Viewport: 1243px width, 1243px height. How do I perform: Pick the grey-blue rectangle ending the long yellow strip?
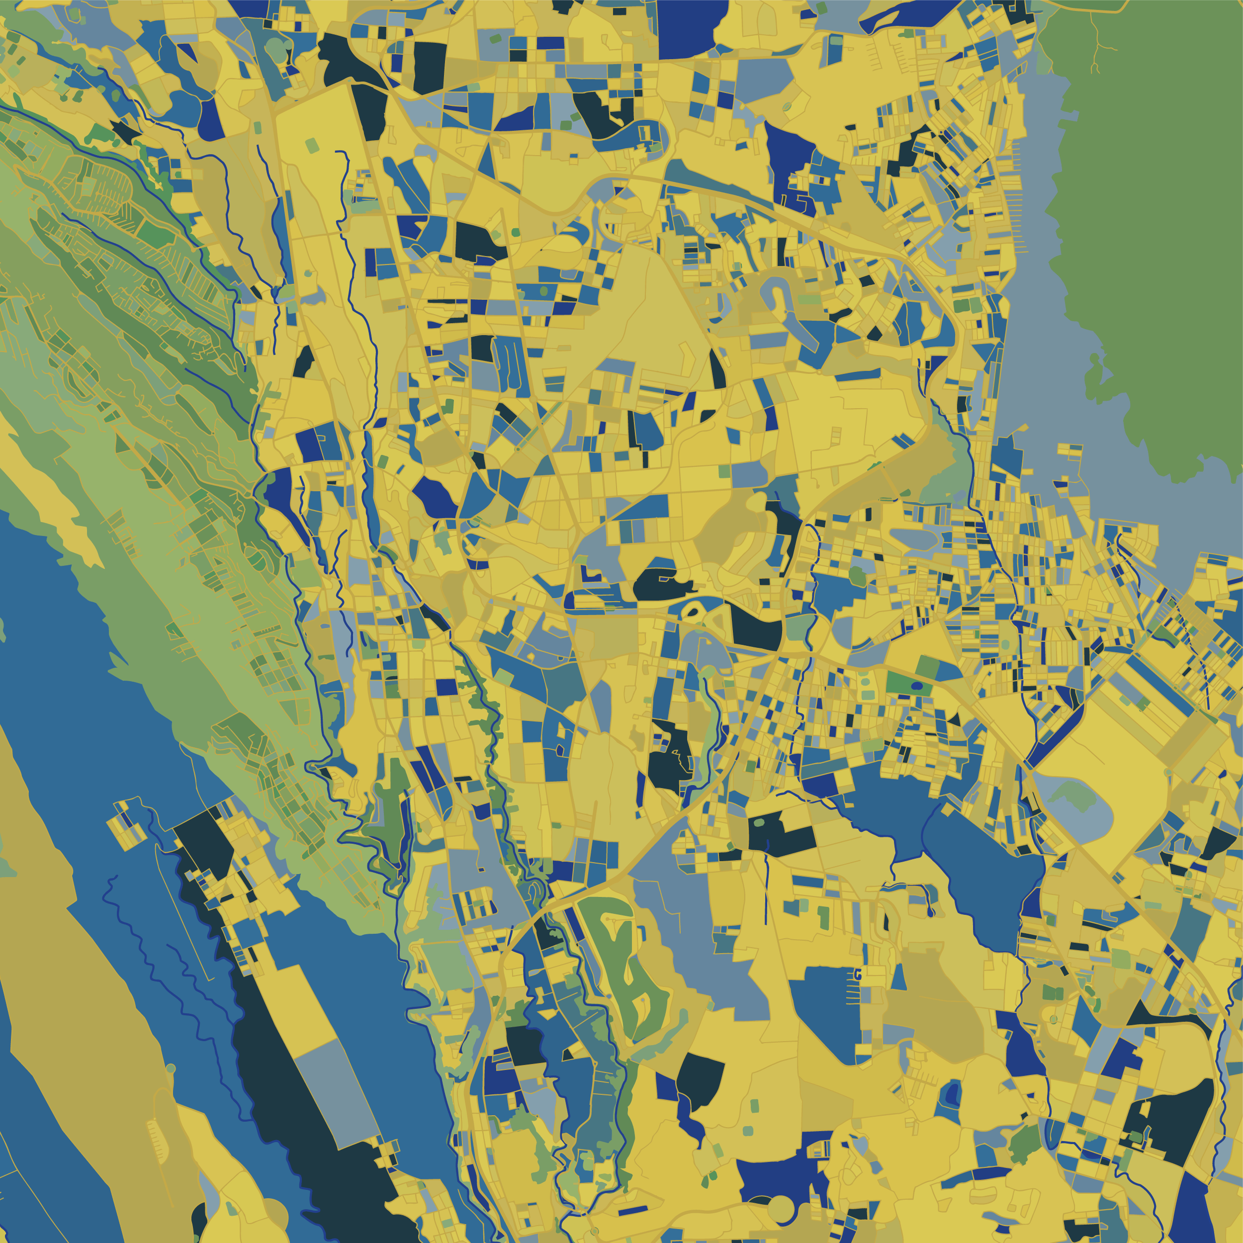pyautogui.click(x=341, y=1087)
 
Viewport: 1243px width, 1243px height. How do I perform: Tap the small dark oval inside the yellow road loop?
pyautogui.click(x=694, y=613)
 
